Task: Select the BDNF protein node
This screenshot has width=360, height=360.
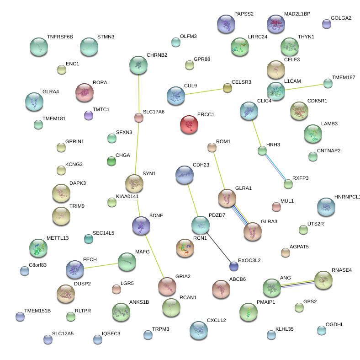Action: pos(141,225)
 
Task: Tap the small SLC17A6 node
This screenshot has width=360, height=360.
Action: pos(138,118)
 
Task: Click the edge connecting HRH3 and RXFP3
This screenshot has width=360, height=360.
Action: pos(275,167)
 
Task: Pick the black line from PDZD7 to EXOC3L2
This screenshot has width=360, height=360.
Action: pos(217,246)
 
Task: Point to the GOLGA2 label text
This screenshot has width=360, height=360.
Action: pos(341,18)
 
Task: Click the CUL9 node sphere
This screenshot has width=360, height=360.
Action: pos(175,96)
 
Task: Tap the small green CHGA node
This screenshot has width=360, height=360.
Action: pos(111,161)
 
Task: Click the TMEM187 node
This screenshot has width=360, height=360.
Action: pos(328,83)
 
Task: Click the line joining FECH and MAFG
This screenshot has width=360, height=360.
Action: pos(101,265)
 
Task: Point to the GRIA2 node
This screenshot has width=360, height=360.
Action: pos(167,287)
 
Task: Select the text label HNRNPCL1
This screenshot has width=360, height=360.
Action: pos(347,197)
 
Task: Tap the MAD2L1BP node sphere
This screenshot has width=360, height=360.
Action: pos(275,24)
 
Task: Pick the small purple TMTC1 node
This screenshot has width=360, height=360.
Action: pos(89,115)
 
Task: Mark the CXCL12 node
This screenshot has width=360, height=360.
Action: pos(198,330)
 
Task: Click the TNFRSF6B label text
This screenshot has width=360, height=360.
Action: pos(60,37)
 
